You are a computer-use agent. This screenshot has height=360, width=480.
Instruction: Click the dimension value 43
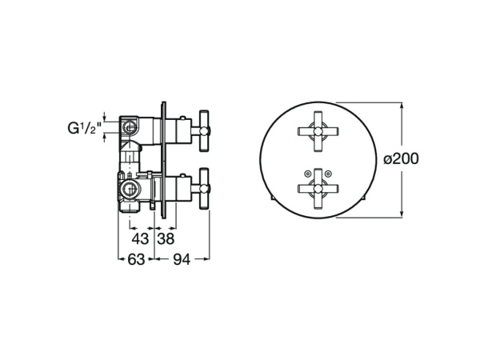pyautogui.click(x=140, y=239)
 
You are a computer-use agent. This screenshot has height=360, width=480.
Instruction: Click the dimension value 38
pyautogui.click(x=166, y=239)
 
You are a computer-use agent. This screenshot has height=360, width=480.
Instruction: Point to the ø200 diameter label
pyautogui.click(x=402, y=158)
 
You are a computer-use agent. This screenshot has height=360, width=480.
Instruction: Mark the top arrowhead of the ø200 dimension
pyautogui.click(x=401, y=105)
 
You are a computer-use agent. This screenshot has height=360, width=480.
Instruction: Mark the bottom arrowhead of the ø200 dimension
pyautogui.click(x=401, y=213)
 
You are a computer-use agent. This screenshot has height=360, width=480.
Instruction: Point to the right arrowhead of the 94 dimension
pyautogui.click(x=206, y=258)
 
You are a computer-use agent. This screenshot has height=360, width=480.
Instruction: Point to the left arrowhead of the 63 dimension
pyautogui.click(x=121, y=258)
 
